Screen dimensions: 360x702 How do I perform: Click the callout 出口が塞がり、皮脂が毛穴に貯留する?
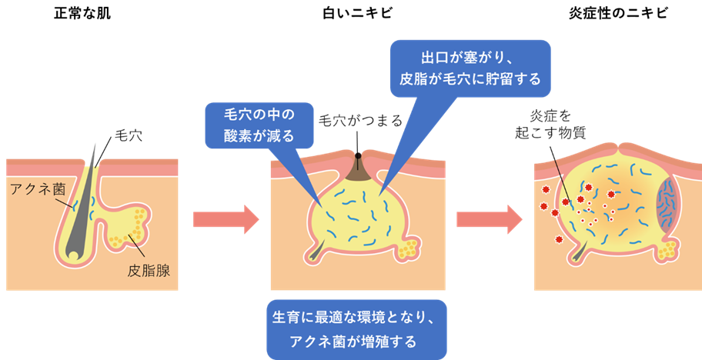point(470,68)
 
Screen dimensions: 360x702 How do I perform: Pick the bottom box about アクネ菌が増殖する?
point(356,328)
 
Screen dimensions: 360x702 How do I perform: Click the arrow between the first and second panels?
point(226,219)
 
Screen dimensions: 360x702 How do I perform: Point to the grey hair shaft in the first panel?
point(87,192)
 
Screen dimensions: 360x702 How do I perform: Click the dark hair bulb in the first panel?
point(72,250)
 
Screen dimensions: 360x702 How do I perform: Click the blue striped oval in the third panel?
point(666,205)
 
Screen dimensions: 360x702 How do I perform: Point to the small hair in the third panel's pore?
point(582,248)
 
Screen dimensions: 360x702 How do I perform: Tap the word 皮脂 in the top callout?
point(413,78)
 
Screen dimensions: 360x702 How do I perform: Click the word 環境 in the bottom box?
point(373,317)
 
